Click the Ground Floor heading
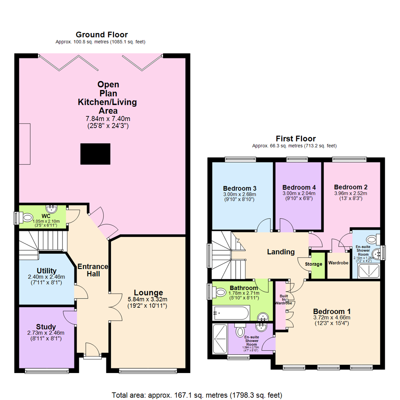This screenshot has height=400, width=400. coord(101,35)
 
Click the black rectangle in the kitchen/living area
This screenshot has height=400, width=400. coord(95,154)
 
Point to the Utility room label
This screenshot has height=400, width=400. coord(47,270)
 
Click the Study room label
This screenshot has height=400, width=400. coord(46,327)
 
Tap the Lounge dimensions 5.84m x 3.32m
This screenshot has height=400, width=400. coord(148,299)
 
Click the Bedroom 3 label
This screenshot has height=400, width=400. coord(240,187)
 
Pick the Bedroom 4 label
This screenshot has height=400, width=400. coord(299,187)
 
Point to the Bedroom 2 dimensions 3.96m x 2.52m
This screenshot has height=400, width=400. coord(350,193)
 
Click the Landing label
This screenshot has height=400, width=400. coord(281,252)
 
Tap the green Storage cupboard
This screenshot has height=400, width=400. coord(317,265)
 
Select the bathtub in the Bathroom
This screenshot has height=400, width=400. coord(231,313)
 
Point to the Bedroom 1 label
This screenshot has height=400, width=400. coord(332,311)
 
